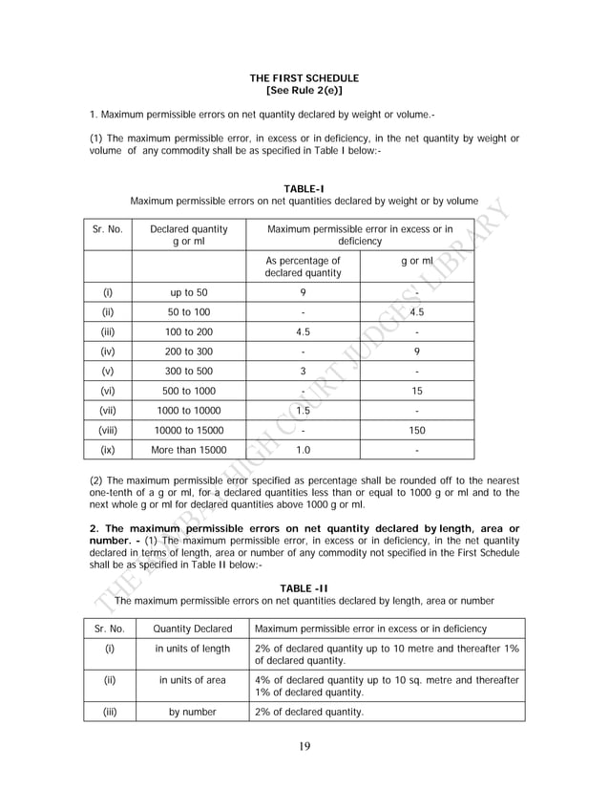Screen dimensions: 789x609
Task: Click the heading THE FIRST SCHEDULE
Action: (304, 77)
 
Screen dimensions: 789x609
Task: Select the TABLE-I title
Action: (304, 189)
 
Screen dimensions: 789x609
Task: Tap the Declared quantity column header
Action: (189, 235)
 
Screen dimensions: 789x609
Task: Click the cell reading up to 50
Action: (189, 293)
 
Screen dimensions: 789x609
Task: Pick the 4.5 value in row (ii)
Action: (417, 312)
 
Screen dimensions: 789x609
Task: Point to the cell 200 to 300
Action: (189, 352)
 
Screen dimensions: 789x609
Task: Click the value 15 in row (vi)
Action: (417, 391)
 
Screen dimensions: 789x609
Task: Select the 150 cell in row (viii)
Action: (417, 430)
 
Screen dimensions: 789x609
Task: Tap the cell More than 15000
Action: (189, 450)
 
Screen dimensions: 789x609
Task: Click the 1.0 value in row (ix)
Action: (303, 450)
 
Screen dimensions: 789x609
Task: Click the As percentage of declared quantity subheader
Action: (303, 267)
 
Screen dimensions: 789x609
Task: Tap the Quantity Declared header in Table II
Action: (193, 629)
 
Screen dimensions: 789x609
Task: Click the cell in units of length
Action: (193, 650)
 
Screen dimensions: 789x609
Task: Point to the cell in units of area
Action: (193, 680)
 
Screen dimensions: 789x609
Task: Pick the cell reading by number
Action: (193, 712)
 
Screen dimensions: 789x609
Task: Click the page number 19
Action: (304, 747)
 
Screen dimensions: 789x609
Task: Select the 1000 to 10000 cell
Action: (189, 411)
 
